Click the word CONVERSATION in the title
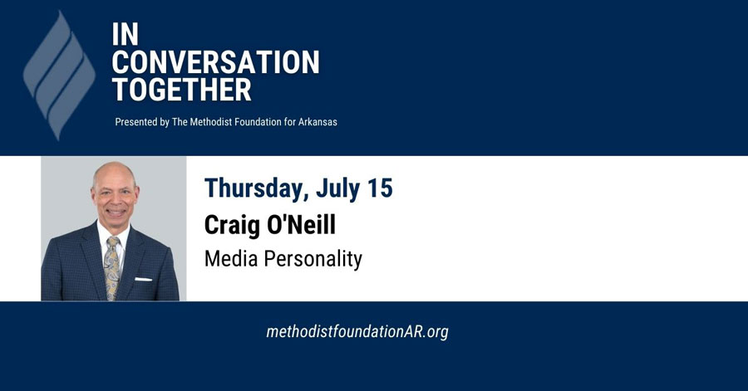216,62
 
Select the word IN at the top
125,34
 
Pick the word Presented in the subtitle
136,122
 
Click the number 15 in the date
377,188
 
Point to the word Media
231,258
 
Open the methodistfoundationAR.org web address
357,331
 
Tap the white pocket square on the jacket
143,279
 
